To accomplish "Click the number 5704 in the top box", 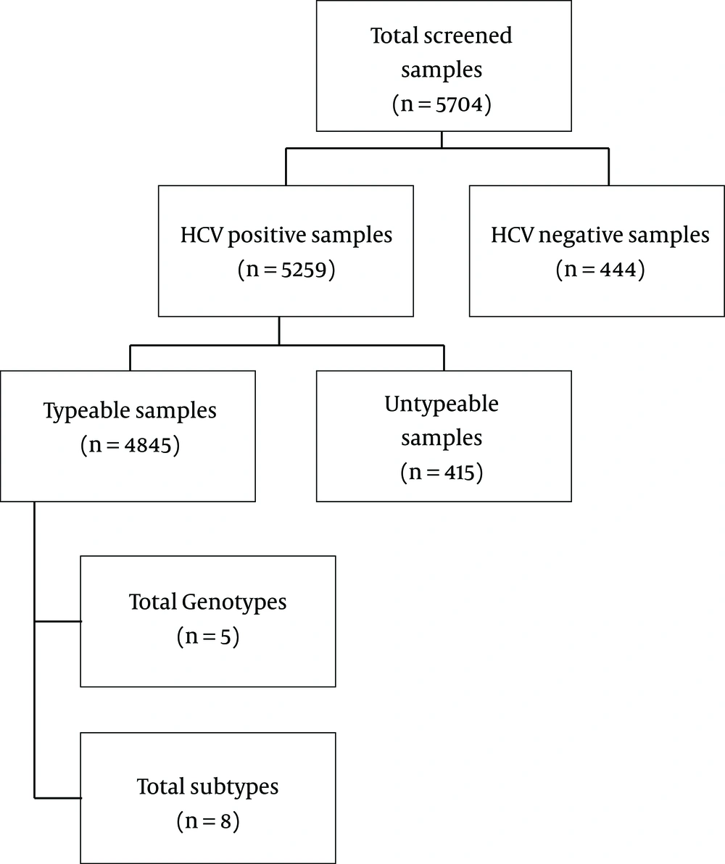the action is pos(459,104).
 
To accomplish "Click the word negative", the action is pos(581,236).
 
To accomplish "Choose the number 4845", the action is pos(148,445).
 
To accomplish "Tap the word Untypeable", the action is pos(442,404).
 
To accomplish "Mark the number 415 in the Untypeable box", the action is pos(459,472).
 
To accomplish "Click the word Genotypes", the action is pos(233,602).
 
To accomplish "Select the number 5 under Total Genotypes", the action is pos(225,637).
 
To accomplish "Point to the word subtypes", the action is pos(234,787).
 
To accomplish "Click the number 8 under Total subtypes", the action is pos(225,821).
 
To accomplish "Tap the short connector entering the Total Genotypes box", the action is pos(58,621).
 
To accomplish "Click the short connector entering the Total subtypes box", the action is pos(58,797).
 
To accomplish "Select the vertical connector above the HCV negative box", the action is pos(608,167).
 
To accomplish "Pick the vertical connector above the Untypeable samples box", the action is pos(444,358).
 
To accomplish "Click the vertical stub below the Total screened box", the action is pos(442,139).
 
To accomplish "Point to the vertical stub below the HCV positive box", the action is pos(279,331).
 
